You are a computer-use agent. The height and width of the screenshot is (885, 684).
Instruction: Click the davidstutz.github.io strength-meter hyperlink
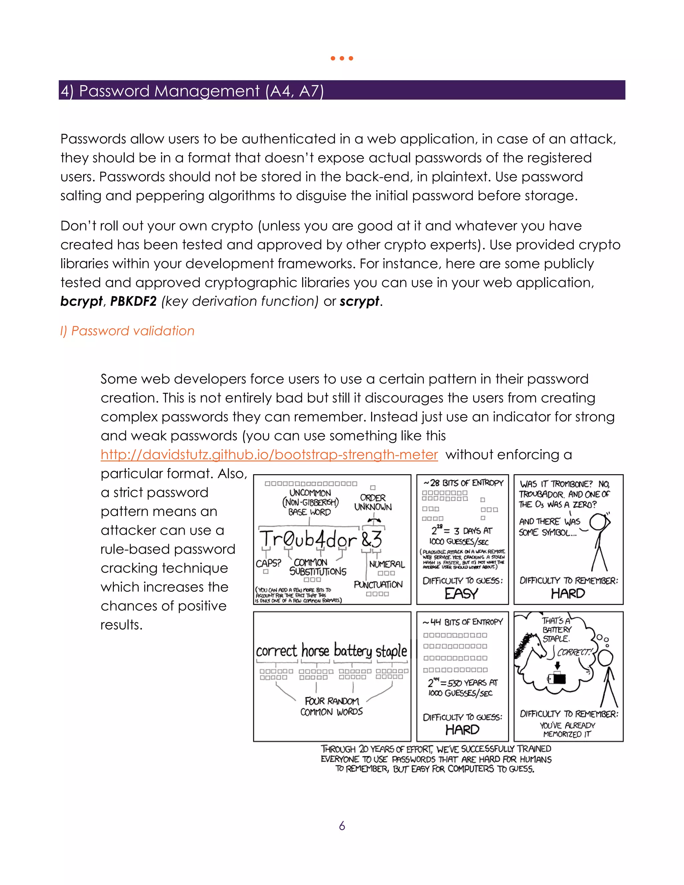[x=269, y=455]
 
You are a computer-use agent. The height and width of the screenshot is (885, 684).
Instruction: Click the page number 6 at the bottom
[x=342, y=826]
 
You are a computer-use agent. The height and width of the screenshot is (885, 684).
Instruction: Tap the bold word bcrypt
[x=81, y=302]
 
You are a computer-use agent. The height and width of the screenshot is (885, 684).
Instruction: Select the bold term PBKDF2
[x=133, y=302]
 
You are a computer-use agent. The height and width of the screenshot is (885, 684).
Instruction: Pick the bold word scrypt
[x=359, y=302]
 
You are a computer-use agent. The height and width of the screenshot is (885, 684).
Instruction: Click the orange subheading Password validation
[x=127, y=331]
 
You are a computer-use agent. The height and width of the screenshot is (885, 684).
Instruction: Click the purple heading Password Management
[x=192, y=91]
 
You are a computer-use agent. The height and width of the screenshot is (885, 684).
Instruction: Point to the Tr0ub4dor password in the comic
[x=308, y=539]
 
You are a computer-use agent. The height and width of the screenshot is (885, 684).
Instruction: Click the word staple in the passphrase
[x=391, y=651]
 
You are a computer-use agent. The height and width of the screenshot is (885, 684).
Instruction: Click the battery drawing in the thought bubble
[x=557, y=678]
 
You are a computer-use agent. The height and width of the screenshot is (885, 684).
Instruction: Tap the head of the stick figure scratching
[x=598, y=522]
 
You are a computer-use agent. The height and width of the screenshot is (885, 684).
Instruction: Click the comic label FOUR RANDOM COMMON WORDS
[x=331, y=706]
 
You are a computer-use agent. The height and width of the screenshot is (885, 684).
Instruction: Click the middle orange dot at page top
[x=342, y=58]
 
